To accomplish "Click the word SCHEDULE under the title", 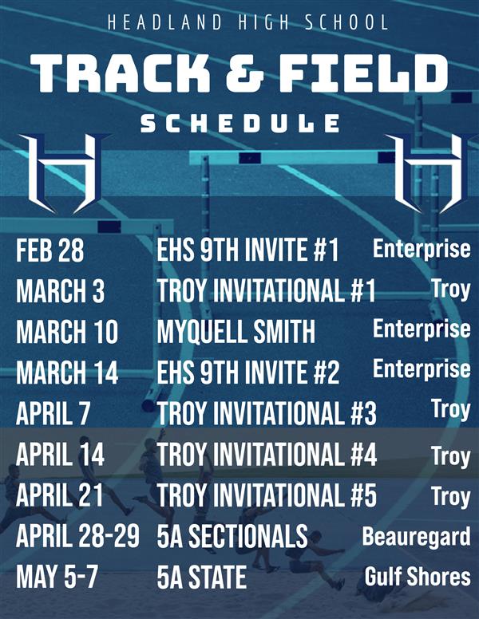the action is click(239, 123).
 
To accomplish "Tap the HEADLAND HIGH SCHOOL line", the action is click(247, 22).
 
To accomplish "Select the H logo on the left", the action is click(63, 173).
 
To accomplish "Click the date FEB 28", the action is click(49, 250).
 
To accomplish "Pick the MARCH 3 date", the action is click(60, 291).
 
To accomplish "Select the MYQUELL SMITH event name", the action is click(236, 332).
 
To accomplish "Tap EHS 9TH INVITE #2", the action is click(247, 372).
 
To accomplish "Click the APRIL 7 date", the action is click(53, 413).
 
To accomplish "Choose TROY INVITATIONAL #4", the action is click(267, 455).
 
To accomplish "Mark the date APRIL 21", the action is click(59, 495).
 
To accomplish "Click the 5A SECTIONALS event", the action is click(232, 537).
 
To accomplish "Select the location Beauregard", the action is click(416, 537).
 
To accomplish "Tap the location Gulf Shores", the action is click(418, 576).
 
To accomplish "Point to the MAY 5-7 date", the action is click(57, 577).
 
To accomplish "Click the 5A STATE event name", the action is click(201, 577).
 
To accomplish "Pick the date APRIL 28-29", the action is click(77, 537).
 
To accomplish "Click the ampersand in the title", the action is click(245, 73).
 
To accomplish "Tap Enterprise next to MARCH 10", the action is click(422, 329).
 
